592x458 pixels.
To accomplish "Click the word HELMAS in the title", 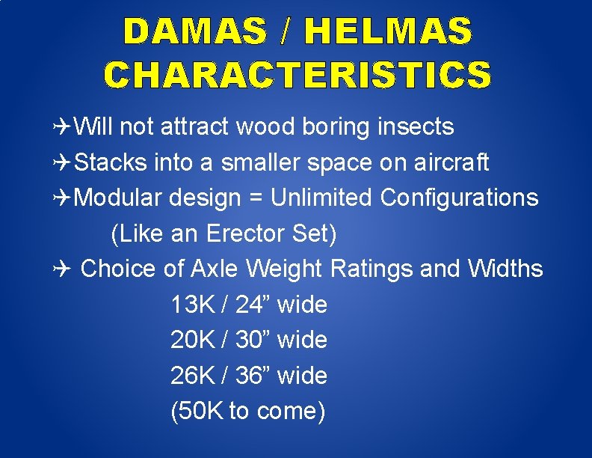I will click(389, 32).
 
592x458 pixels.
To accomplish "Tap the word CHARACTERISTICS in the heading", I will click(297, 74).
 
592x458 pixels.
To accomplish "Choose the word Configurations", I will click(459, 198).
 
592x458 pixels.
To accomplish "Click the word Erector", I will click(242, 233).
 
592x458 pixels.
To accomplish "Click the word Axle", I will click(215, 269).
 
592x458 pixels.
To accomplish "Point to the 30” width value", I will click(253, 341).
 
